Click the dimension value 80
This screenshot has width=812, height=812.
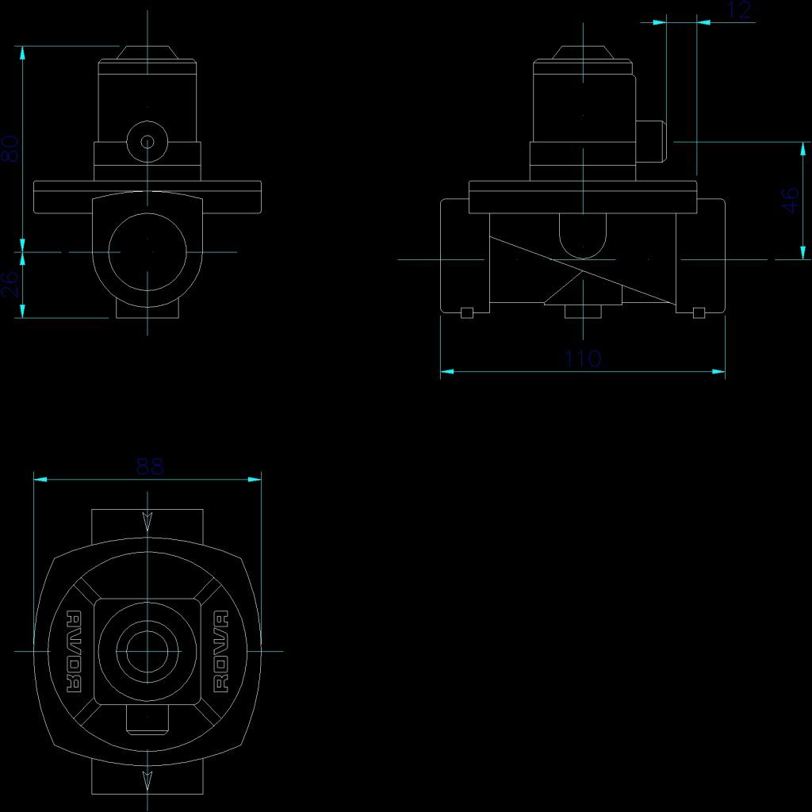point(10,148)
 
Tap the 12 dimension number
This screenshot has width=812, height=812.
point(737,10)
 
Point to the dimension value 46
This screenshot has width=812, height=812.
point(791,200)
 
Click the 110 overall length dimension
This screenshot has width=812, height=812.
point(583,358)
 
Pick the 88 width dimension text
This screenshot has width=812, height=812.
point(149,466)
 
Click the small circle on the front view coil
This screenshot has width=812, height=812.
point(147,142)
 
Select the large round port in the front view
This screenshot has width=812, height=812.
point(147,251)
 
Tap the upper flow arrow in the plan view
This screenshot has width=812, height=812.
point(147,521)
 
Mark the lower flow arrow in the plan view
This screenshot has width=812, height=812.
point(147,779)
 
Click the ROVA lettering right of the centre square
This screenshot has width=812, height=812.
point(221,651)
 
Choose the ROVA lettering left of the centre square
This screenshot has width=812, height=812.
point(74,651)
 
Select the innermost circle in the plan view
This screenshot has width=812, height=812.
point(147,649)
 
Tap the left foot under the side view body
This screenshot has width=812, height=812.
point(467,312)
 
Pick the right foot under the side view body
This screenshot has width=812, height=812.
point(699,312)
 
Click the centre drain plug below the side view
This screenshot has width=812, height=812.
point(583,312)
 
